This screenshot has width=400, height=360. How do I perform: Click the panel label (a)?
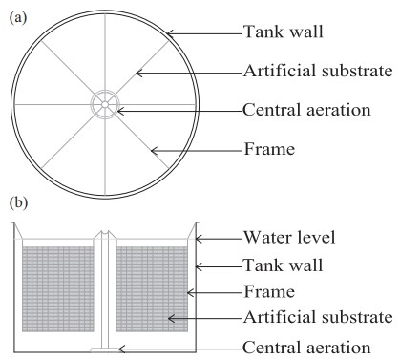click(18, 17)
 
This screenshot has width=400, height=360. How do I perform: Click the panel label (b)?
click(19, 203)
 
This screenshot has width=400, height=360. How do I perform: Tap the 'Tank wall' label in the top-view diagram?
click(284, 32)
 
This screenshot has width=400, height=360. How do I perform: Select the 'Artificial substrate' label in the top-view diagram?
click(318, 71)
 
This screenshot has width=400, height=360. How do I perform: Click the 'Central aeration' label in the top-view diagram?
click(306, 110)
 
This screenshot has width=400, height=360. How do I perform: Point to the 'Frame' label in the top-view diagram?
click(269, 149)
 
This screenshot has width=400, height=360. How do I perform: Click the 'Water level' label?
click(289, 238)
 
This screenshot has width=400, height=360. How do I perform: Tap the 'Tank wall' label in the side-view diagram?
click(284, 265)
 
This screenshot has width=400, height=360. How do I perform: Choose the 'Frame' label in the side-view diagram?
click(269, 291)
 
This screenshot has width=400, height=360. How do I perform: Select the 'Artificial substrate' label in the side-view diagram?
click(318, 317)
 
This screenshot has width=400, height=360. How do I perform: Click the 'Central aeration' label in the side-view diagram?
click(306, 348)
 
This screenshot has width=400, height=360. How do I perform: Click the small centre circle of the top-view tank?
click(105, 104)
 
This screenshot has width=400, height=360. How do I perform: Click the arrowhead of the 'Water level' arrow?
click(198, 239)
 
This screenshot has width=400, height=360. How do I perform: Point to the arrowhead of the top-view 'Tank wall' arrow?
click(169, 33)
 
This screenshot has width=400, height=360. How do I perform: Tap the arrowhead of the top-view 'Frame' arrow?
click(153, 150)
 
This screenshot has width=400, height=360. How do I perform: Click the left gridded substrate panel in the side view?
click(58, 289)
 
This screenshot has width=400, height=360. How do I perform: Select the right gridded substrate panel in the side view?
click(152, 289)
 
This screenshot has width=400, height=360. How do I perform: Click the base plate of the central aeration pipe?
click(105, 349)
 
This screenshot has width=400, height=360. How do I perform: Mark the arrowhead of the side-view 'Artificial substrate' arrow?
click(170, 318)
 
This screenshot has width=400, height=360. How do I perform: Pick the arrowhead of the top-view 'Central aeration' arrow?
click(119, 111)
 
